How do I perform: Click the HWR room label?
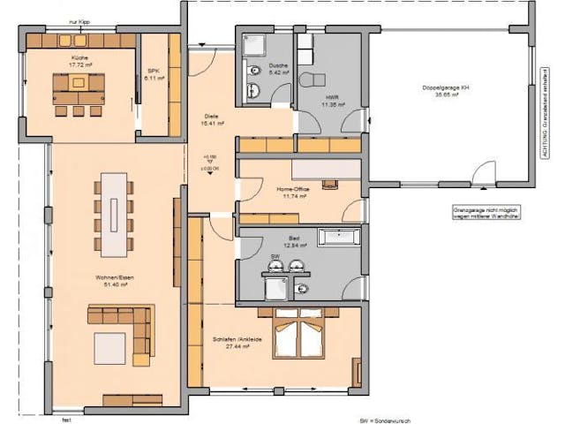pyautogui.click(x=332, y=100)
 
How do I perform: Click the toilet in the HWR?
pyautogui.click(x=310, y=80)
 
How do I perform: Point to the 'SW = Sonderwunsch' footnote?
pyautogui.click(x=385, y=420)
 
